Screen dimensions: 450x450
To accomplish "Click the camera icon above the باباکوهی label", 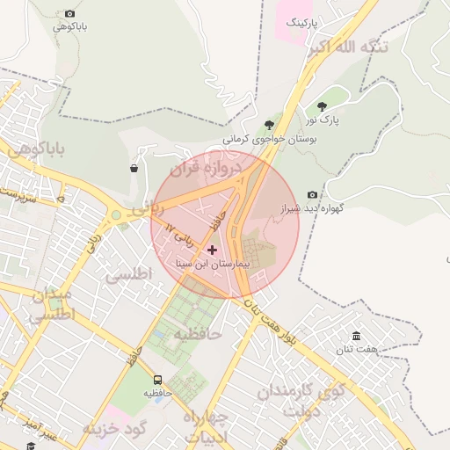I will (x=70, y=14).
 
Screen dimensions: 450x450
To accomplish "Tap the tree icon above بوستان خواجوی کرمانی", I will (x=268, y=125).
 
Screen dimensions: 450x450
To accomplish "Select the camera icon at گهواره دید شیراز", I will (x=312, y=194).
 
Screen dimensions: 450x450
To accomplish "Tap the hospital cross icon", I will (x=212, y=250).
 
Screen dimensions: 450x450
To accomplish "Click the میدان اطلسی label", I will (x=51, y=306).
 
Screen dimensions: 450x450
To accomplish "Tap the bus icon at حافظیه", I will (x=157, y=380).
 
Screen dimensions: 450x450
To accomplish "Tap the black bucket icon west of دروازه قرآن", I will (x=134, y=168).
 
